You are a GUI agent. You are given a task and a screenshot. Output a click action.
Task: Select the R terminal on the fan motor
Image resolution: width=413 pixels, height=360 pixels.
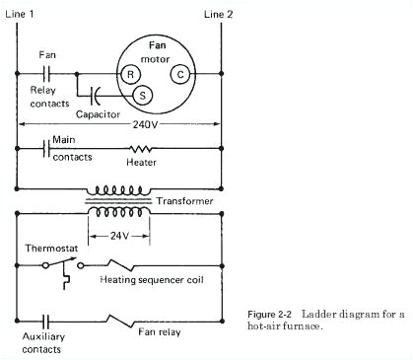tap(127, 74)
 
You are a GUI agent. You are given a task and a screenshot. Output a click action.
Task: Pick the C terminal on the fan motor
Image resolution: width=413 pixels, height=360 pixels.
tap(180, 74)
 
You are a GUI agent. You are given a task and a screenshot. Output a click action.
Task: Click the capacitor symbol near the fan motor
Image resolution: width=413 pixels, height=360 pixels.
tap(95, 96)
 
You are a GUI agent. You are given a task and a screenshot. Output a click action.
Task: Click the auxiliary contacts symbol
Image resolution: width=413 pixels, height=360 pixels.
tap(45, 321)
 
